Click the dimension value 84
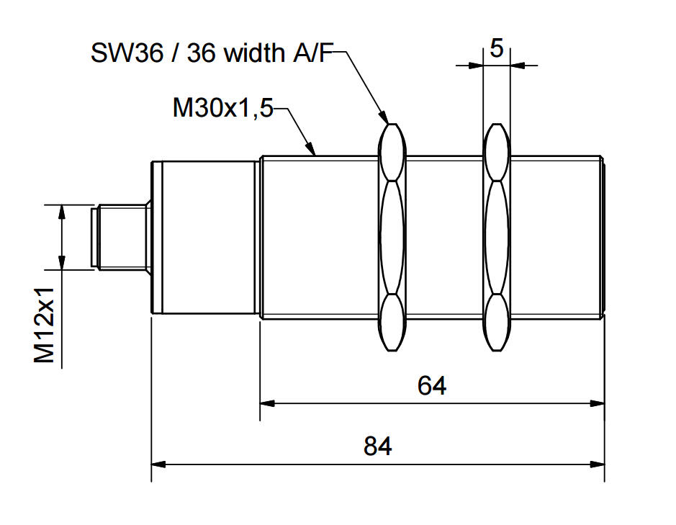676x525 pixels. (x=378, y=446)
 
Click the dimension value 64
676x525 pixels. (x=431, y=385)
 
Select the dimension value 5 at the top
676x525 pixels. (x=497, y=48)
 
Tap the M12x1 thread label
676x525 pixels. (x=45, y=325)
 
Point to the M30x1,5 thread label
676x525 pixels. (x=223, y=108)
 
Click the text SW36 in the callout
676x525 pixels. (x=127, y=53)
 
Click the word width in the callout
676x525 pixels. (x=254, y=53)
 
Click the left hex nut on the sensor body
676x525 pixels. (x=392, y=237)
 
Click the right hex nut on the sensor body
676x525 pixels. (x=496, y=237)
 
